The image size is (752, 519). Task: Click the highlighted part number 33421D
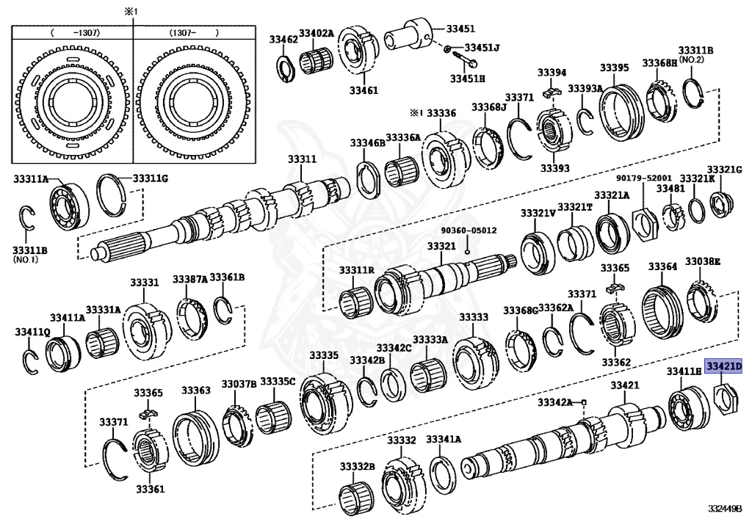tap(723, 366)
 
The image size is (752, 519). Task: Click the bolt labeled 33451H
tap(462, 62)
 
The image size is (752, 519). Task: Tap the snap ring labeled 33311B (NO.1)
tap(27, 222)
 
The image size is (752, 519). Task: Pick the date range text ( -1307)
tap(72, 33)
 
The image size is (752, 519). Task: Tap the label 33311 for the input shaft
tap(302, 159)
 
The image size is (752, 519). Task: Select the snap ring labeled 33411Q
tap(30, 359)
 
